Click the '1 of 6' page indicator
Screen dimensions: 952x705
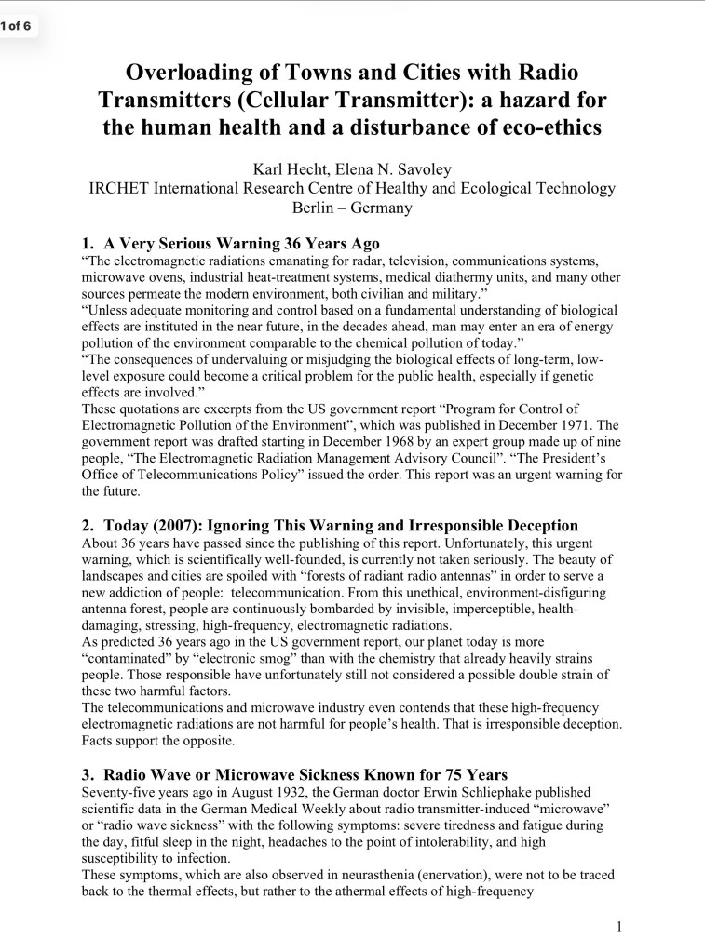click(x=18, y=26)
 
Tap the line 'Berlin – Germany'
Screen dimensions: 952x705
click(x=352, y=208)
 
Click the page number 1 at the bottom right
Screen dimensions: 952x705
click(x=619, y=926)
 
